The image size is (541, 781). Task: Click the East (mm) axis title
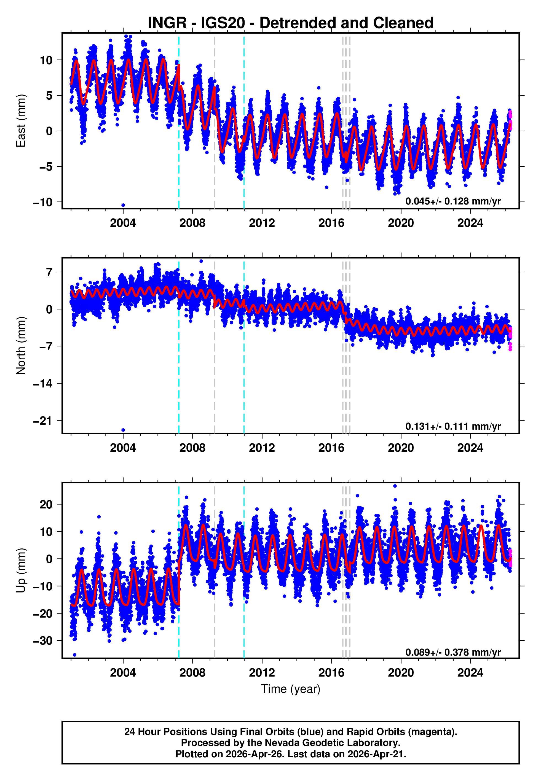[x=21, y=121]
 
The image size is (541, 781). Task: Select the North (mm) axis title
[x=21, y=346]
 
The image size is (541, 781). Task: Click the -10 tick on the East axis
[x=43, y=202]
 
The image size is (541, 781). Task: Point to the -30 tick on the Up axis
[x=43, y=641]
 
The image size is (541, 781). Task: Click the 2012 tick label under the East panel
[x=262, y=223]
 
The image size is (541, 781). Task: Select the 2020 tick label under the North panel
[x=401, y=448]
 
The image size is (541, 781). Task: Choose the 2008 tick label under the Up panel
[x=192, y=672]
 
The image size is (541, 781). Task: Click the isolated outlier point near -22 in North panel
[x=123, y=430]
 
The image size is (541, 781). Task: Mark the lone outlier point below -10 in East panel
[x=123, y=205]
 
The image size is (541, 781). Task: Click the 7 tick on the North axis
[x=49, y=272]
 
